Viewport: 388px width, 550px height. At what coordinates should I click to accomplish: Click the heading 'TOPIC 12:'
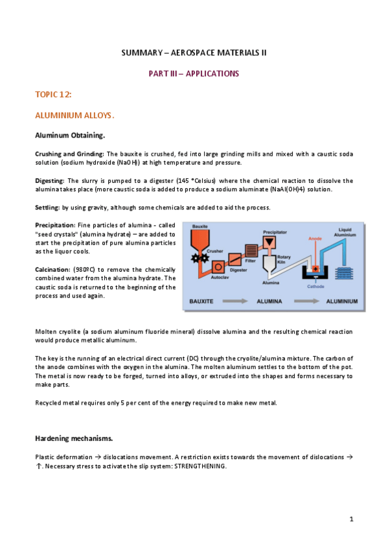tap(53, 95)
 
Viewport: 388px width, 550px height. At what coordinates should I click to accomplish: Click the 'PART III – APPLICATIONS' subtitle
tap(194, 73)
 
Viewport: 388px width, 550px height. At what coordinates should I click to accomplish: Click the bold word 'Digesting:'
tap(49, 180)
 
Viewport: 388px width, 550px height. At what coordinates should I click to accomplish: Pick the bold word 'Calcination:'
tap(51, 269)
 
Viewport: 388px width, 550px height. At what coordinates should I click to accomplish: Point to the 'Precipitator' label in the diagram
tap(275, 232)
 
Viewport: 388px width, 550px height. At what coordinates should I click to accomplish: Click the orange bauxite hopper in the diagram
tap(196, 241)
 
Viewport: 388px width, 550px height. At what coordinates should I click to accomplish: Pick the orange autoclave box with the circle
tap(218, 266)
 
